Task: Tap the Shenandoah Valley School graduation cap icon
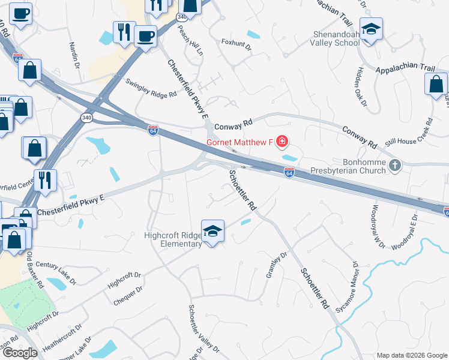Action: tap(372, 29)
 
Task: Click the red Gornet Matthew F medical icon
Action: tap(282, 142)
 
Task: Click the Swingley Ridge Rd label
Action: tap(151, 86)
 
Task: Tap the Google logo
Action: tap(19, 353)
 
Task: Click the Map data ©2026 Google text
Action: tap(412, 355)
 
